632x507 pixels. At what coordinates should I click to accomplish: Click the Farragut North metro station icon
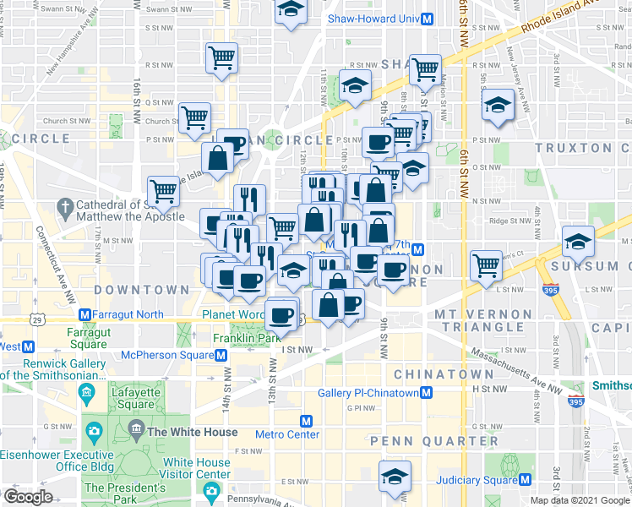[84, 314]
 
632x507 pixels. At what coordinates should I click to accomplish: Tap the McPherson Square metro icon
[221, 356]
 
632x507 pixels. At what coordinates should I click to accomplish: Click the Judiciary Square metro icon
[526, 480]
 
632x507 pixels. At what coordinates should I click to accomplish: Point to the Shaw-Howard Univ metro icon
[428, 18]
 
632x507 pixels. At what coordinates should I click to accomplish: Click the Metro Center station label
[287, 434]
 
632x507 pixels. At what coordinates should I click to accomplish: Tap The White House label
[192, 432]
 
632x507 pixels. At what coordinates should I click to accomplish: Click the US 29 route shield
[36, 319]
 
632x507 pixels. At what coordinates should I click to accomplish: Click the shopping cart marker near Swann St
[221, 57]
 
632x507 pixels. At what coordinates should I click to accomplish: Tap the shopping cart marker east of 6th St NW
[487, 265]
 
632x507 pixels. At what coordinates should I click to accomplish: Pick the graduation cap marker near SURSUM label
[579, 243]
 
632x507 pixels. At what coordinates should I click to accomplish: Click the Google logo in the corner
[29, 497]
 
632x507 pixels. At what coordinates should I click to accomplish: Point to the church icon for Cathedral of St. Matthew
[64, 205]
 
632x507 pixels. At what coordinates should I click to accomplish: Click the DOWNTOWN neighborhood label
[141, 289]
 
